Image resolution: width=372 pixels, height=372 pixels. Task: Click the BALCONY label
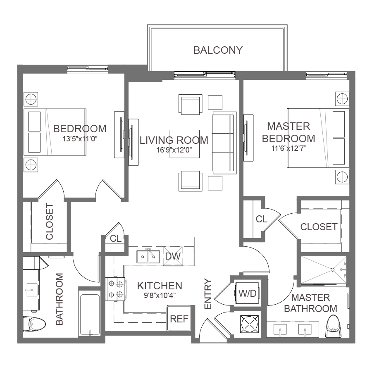[218, 50]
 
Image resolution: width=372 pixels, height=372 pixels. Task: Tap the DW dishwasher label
[173, 256]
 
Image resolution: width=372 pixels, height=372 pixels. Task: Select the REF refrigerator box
[179, 318]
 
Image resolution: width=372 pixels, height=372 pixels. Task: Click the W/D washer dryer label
[248, 293]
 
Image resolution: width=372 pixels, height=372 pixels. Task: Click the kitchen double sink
[148, 256]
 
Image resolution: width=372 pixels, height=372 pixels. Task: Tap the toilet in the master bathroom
[334, 326]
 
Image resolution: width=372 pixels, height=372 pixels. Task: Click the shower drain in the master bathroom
[332, 270]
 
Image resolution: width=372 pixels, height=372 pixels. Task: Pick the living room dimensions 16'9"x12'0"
[174, 150]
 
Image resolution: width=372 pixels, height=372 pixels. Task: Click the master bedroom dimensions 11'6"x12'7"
[289, 148]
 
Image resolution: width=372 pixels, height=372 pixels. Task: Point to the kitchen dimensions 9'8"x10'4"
[160, 296]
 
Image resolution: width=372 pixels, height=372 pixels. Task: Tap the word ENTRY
[208, 294]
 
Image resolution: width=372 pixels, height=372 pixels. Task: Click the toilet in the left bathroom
[35, 324]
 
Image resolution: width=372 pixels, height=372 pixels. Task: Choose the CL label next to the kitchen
[116, 238]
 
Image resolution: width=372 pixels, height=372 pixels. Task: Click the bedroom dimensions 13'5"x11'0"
[80, 139]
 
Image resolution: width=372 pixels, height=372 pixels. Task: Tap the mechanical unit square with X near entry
[250, 324]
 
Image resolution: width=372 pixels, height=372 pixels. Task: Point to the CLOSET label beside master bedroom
[319, 227]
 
